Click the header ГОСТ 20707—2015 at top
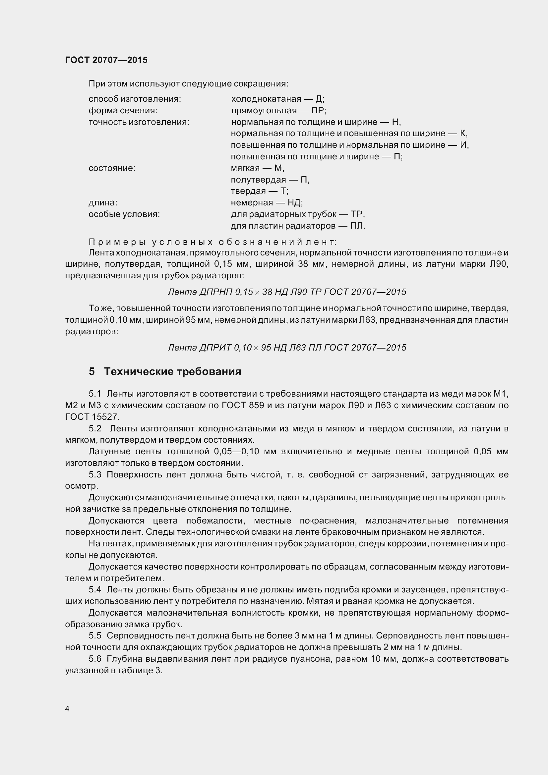click(106, 60)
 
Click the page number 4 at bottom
click(67, 708)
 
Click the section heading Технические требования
click(172, 372)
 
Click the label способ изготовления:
click(135, 99)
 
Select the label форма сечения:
click(123, 110)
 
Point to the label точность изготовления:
click(139, 122)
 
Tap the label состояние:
click(112, 168)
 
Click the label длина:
click(103, 202)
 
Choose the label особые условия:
click(124, 214)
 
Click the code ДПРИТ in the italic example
click(215, 348)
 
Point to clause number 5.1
click(95, 394)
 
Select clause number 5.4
click(95, 589)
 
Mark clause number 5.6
click(95, 659)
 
